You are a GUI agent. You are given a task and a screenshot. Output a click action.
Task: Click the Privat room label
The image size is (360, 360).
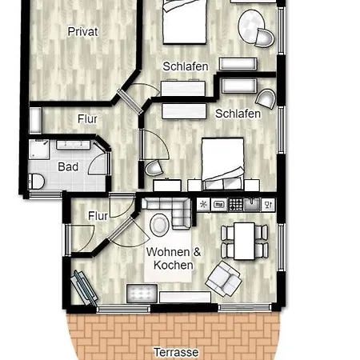(x=82, y=32)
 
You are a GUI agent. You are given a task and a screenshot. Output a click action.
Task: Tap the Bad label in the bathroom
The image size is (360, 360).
(x=68, y=167)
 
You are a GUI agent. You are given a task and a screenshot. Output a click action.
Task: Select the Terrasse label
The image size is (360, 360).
(x=176, y=352)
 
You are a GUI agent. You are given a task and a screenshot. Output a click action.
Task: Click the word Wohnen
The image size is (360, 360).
(x=168, y=252)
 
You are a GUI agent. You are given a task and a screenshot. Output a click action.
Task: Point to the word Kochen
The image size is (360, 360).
(x=174, y=265)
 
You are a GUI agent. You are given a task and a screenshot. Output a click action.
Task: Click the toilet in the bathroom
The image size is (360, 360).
(x=36, y=182)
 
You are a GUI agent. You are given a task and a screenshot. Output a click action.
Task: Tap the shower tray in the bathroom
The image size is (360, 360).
(x=39, y=150)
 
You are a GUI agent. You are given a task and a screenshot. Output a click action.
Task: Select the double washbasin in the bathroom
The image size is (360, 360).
(x=73, y=145)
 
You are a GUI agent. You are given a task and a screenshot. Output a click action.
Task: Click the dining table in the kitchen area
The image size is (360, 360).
(x=244, y=241)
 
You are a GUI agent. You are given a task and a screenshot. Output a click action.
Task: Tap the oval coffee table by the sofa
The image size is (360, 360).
(x=159, y=225)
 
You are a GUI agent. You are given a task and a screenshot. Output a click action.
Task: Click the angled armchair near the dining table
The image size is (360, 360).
(x=223, y=278)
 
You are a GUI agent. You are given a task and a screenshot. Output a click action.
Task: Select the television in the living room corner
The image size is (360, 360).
(x=84, y=288)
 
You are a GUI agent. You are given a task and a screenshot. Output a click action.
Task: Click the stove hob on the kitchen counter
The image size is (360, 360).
(x=236, y=205)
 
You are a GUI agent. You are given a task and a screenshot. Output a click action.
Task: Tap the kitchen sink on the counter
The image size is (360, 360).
(x=251, y=205)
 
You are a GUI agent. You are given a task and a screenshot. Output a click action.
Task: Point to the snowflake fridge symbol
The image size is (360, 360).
(x=203, y=205)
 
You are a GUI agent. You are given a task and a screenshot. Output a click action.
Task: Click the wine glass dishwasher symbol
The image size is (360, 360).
(x=268, y=205)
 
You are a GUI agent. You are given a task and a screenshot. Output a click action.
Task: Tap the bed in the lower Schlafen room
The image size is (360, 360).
(x=223, y=164)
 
